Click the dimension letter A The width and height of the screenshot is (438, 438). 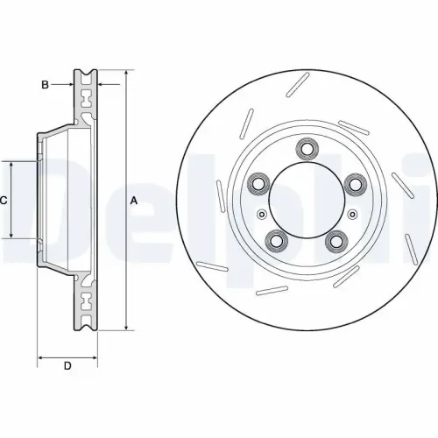(134, 201)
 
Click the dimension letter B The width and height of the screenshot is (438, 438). (45, 84)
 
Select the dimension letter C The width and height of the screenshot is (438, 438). (4, 201)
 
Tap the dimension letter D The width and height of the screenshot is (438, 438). (67, 365)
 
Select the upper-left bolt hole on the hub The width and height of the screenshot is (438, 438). (259, 183)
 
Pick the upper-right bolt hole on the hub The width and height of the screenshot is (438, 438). (355, 183)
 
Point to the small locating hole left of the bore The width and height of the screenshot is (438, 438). (260, 214)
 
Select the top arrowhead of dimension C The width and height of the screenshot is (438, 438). (11, 164)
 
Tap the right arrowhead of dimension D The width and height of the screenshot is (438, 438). (95, 357)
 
